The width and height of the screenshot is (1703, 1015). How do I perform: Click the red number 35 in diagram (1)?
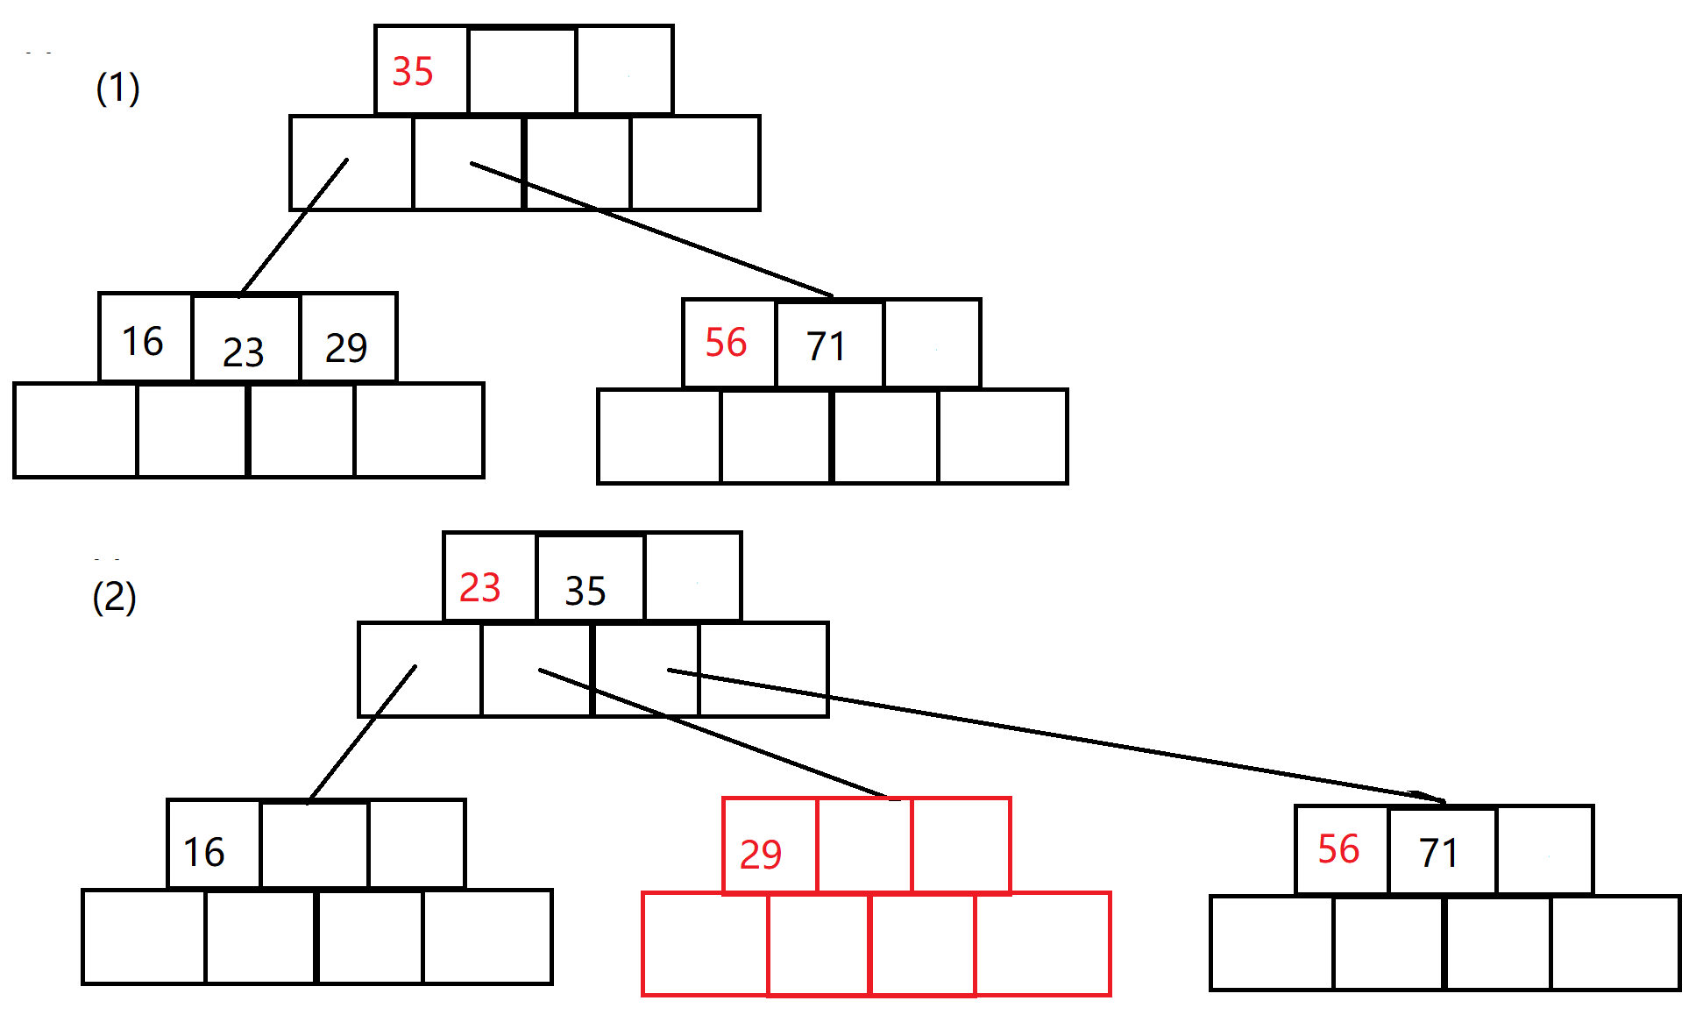tap(412, 72)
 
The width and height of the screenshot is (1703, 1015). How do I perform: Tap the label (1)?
tap(117, 89)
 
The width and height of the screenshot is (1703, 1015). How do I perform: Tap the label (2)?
tap(114, 598)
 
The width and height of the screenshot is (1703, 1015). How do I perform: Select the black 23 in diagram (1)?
tap(243, 352)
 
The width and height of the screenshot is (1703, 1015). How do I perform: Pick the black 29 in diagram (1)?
tap(346, 348)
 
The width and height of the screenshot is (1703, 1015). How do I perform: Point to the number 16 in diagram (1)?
tap(143, 341)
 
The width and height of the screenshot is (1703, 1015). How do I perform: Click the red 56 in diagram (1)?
tap(726, 343)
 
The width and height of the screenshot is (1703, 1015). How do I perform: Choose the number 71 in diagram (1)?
tap(826, 346)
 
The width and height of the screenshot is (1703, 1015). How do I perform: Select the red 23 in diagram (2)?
tap(479, 587)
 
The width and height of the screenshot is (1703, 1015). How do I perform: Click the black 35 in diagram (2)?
tap(585, 591)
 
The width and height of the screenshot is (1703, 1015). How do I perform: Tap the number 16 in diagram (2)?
tap(203, 852)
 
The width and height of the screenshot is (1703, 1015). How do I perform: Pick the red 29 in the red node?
tap(760, 854)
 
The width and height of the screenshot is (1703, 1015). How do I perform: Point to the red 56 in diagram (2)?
tap(1338, 849)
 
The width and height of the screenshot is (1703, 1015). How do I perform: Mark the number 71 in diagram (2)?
tap(1438, 853)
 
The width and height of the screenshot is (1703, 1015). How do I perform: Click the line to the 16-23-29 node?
tap(294, 227)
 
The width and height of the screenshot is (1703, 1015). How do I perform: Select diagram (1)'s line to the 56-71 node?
tap(653, 230)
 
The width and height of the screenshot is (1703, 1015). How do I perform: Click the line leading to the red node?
tap(714, 735)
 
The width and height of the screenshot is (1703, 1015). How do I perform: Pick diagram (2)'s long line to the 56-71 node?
tap(1052, 735)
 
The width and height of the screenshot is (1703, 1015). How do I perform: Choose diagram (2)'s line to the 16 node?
tap(362, 734)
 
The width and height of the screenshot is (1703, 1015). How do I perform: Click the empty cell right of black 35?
tap(692, 577)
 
